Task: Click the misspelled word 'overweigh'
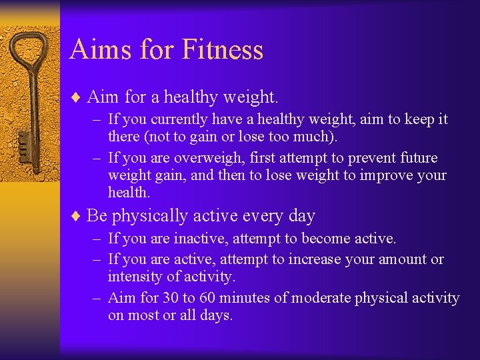pos(189,158)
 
